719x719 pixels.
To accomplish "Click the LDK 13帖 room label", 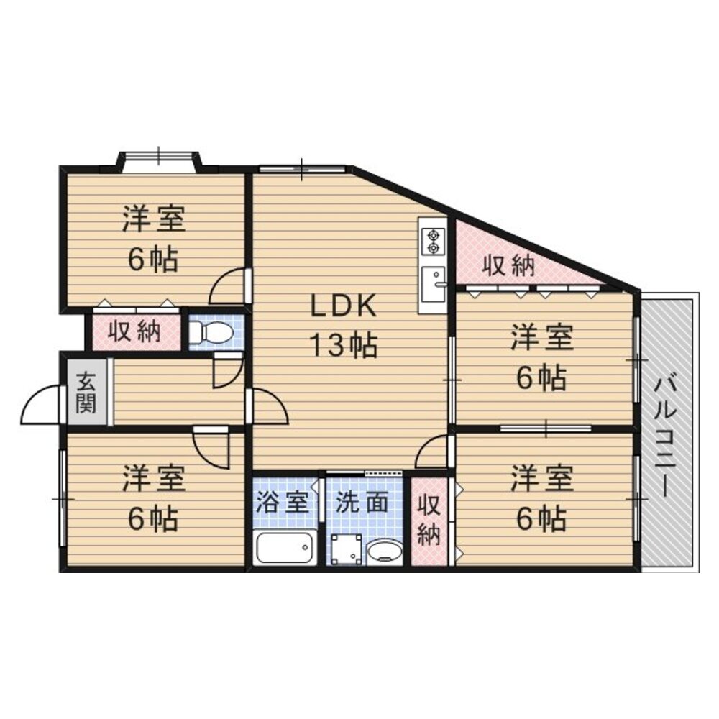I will click(x=344, y=326).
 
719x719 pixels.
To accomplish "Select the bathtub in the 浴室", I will click(x=285, y=549).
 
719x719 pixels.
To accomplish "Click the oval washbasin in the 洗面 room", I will click(x=385, y=551).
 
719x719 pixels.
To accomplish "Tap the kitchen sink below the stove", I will click(x=434, y=283).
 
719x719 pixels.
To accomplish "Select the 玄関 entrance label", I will click(x=86, y=391).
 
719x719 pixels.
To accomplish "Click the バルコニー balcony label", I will click(x=667, y=436).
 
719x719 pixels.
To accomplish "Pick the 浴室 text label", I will click(x=284, y=502).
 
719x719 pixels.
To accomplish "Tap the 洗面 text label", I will click(x=363, y=502).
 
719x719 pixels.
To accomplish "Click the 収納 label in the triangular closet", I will click(x=508, y=265).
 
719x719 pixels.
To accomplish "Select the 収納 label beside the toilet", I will click(x=134, y=331).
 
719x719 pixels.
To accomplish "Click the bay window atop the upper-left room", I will click(x=159, y=158).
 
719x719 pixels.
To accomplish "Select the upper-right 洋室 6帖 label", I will click(x=543, y=357).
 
